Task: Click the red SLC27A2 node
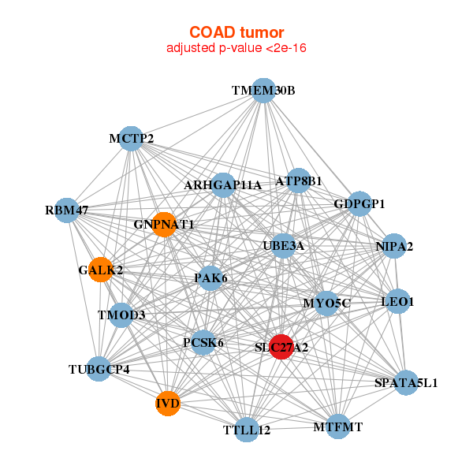281,347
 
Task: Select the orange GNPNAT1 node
164,225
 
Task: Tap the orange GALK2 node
101,270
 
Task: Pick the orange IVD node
168,404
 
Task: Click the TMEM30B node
263,91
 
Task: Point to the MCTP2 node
131,139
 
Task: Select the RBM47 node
67,210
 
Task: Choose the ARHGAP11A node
223,185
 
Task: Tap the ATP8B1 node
298,181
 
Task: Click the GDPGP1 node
359,203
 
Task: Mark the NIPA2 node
394,246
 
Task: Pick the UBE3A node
284,245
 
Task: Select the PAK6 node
210,277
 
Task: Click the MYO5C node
326,304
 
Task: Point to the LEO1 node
397,301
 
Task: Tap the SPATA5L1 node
406,382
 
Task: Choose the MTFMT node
338,426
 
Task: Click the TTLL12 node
247,430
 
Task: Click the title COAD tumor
236,32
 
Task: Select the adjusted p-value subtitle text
236,48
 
